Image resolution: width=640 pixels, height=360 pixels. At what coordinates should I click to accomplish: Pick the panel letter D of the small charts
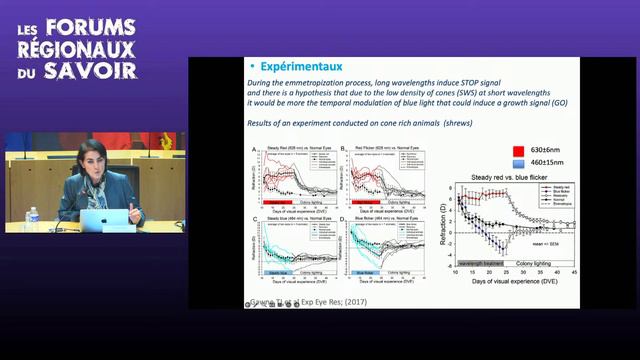342,219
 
